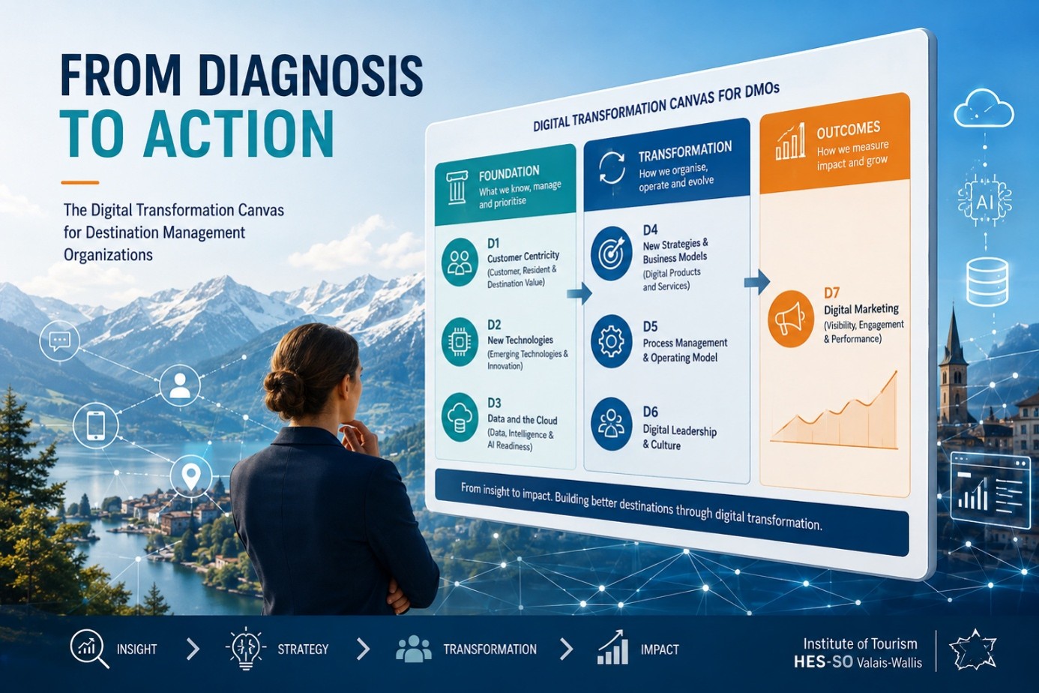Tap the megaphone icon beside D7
coord(790,319)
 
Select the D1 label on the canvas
coord(493,243)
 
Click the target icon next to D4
coord(612,253)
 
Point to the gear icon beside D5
coord(612,342)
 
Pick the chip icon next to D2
coord(460,342)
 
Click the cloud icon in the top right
coord(984,109)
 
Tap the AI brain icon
coord(984,200)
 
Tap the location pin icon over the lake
coord(191,475)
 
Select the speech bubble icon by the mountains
coord(59,340)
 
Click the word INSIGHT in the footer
coord(137,649)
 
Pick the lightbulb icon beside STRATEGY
coord(246,648)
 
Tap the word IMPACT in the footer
coord(660,649)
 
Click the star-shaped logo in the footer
coord(973,649)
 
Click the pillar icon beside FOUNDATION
coord(457,188)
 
